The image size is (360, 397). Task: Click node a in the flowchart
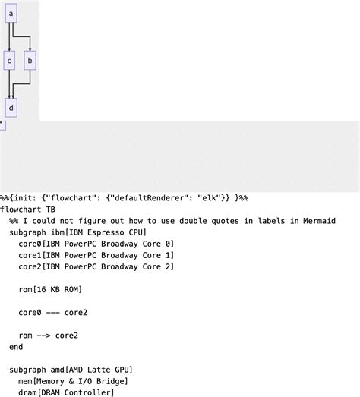click(x=11, y=13)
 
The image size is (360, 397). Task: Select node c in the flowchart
click(x=9, y=60)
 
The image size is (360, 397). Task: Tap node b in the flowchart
click(x=30, y=60)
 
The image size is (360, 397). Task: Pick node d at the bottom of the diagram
click(x=11, y=108)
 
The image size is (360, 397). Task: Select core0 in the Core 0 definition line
click(x=30, y=244)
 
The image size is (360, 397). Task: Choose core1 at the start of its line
click(x=30, y=255)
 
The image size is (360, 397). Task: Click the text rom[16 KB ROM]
click(x=50, y=289)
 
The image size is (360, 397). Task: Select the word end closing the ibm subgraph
click(x=16, y=346)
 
